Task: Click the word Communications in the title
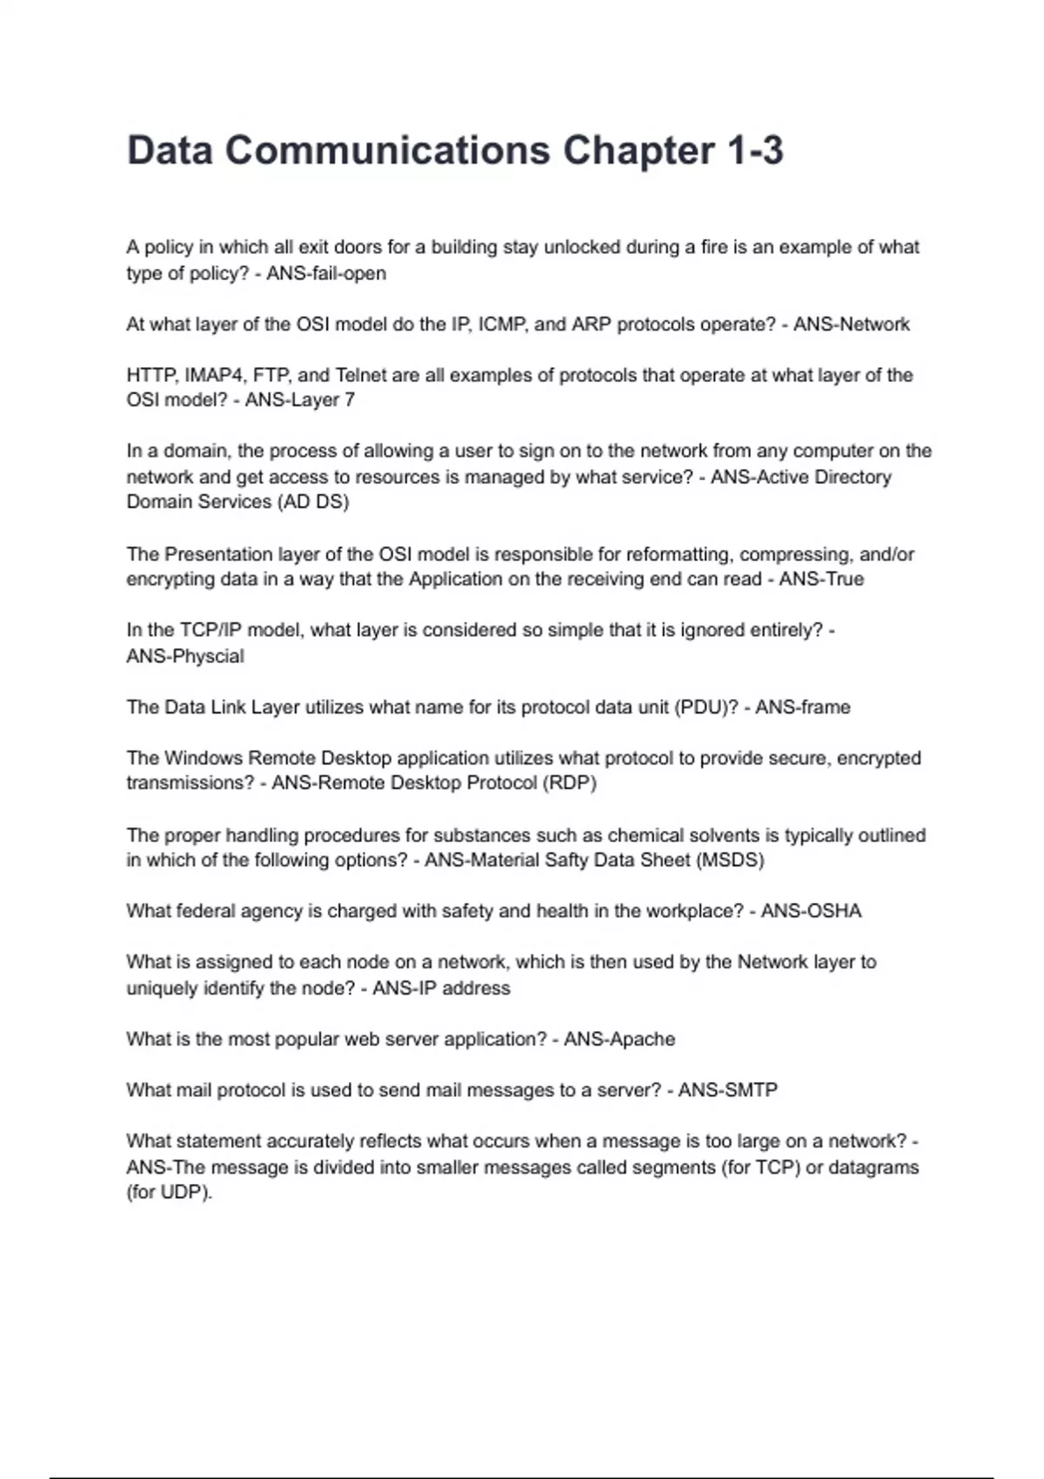coord(387,151)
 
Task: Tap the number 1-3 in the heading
coord(754,151)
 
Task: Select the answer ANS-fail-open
coord(326,273)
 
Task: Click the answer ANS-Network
coord(851,325)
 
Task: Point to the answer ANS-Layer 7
coord(300,400)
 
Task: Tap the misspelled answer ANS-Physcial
coord(185,656)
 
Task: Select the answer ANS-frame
coord(802,707)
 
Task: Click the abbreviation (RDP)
coord(570,783)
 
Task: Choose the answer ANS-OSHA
coord(811,911)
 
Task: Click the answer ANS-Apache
coord(619,1040)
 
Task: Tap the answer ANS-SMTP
coord(727,1090)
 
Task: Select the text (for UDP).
coord(170,1193)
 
